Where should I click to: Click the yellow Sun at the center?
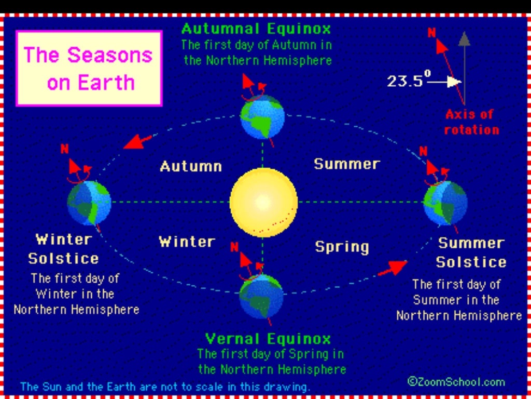pyautogui.click(x=263, y=202)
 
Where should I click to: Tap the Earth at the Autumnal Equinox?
pyautogui.click(x=262, y=117)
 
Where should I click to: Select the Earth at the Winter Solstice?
pyautogui.click(x=89, y=202)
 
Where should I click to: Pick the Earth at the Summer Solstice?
pyautogui.click(x=445, y=203)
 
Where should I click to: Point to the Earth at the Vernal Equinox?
pyautogui.click(x=262, y=296)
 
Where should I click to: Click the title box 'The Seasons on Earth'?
pyautogui.click(x=89, y=69)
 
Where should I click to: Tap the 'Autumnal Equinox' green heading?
pyautogui.click(x=256, y=28)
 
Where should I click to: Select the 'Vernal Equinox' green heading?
pyautogui.click(x=268, y=339)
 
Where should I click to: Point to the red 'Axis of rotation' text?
pyautogui.click(x=471, y=122)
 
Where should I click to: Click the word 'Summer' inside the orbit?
pyautogui.click(x=347, y=164)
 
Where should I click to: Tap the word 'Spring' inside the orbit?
pyautogui.click(x=342, y=246)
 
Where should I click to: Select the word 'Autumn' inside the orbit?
pyautogui.click(x=191, y=166)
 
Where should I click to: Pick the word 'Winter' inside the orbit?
pyautogui.click(x=187, y=242)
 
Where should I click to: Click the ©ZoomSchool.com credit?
pyautogui.click(x=456, y=382)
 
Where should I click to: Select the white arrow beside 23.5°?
pyautogui.click(x=446, y=82)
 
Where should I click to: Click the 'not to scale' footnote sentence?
pyautogui.click(x=165, y=387)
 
